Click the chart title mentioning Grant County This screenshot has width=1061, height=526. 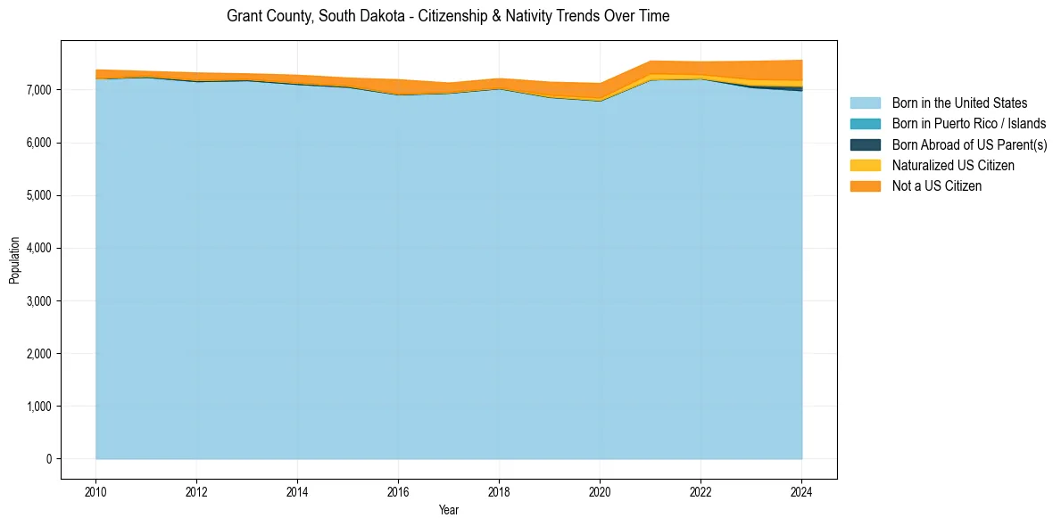(448, 16)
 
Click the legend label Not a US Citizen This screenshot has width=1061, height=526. (936, 186)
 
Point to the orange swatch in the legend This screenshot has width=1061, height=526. (865, 186)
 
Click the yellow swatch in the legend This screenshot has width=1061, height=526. (865, 166)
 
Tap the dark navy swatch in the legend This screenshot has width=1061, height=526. (865, 144)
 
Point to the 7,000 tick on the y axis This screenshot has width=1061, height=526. (40, 90)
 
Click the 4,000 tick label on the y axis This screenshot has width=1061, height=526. (40, 248)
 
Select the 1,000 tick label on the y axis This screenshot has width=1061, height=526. (40, 407)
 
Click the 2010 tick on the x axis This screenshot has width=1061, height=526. (95, 490)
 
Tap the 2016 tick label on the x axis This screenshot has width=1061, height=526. (398, 490)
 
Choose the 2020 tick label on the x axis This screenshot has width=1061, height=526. (600, 490)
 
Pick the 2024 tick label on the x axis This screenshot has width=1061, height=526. (801, 490)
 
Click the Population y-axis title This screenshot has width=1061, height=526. (14, 260)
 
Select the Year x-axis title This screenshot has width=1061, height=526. (449, 510)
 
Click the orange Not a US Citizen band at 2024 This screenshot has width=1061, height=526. (800, 70)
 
